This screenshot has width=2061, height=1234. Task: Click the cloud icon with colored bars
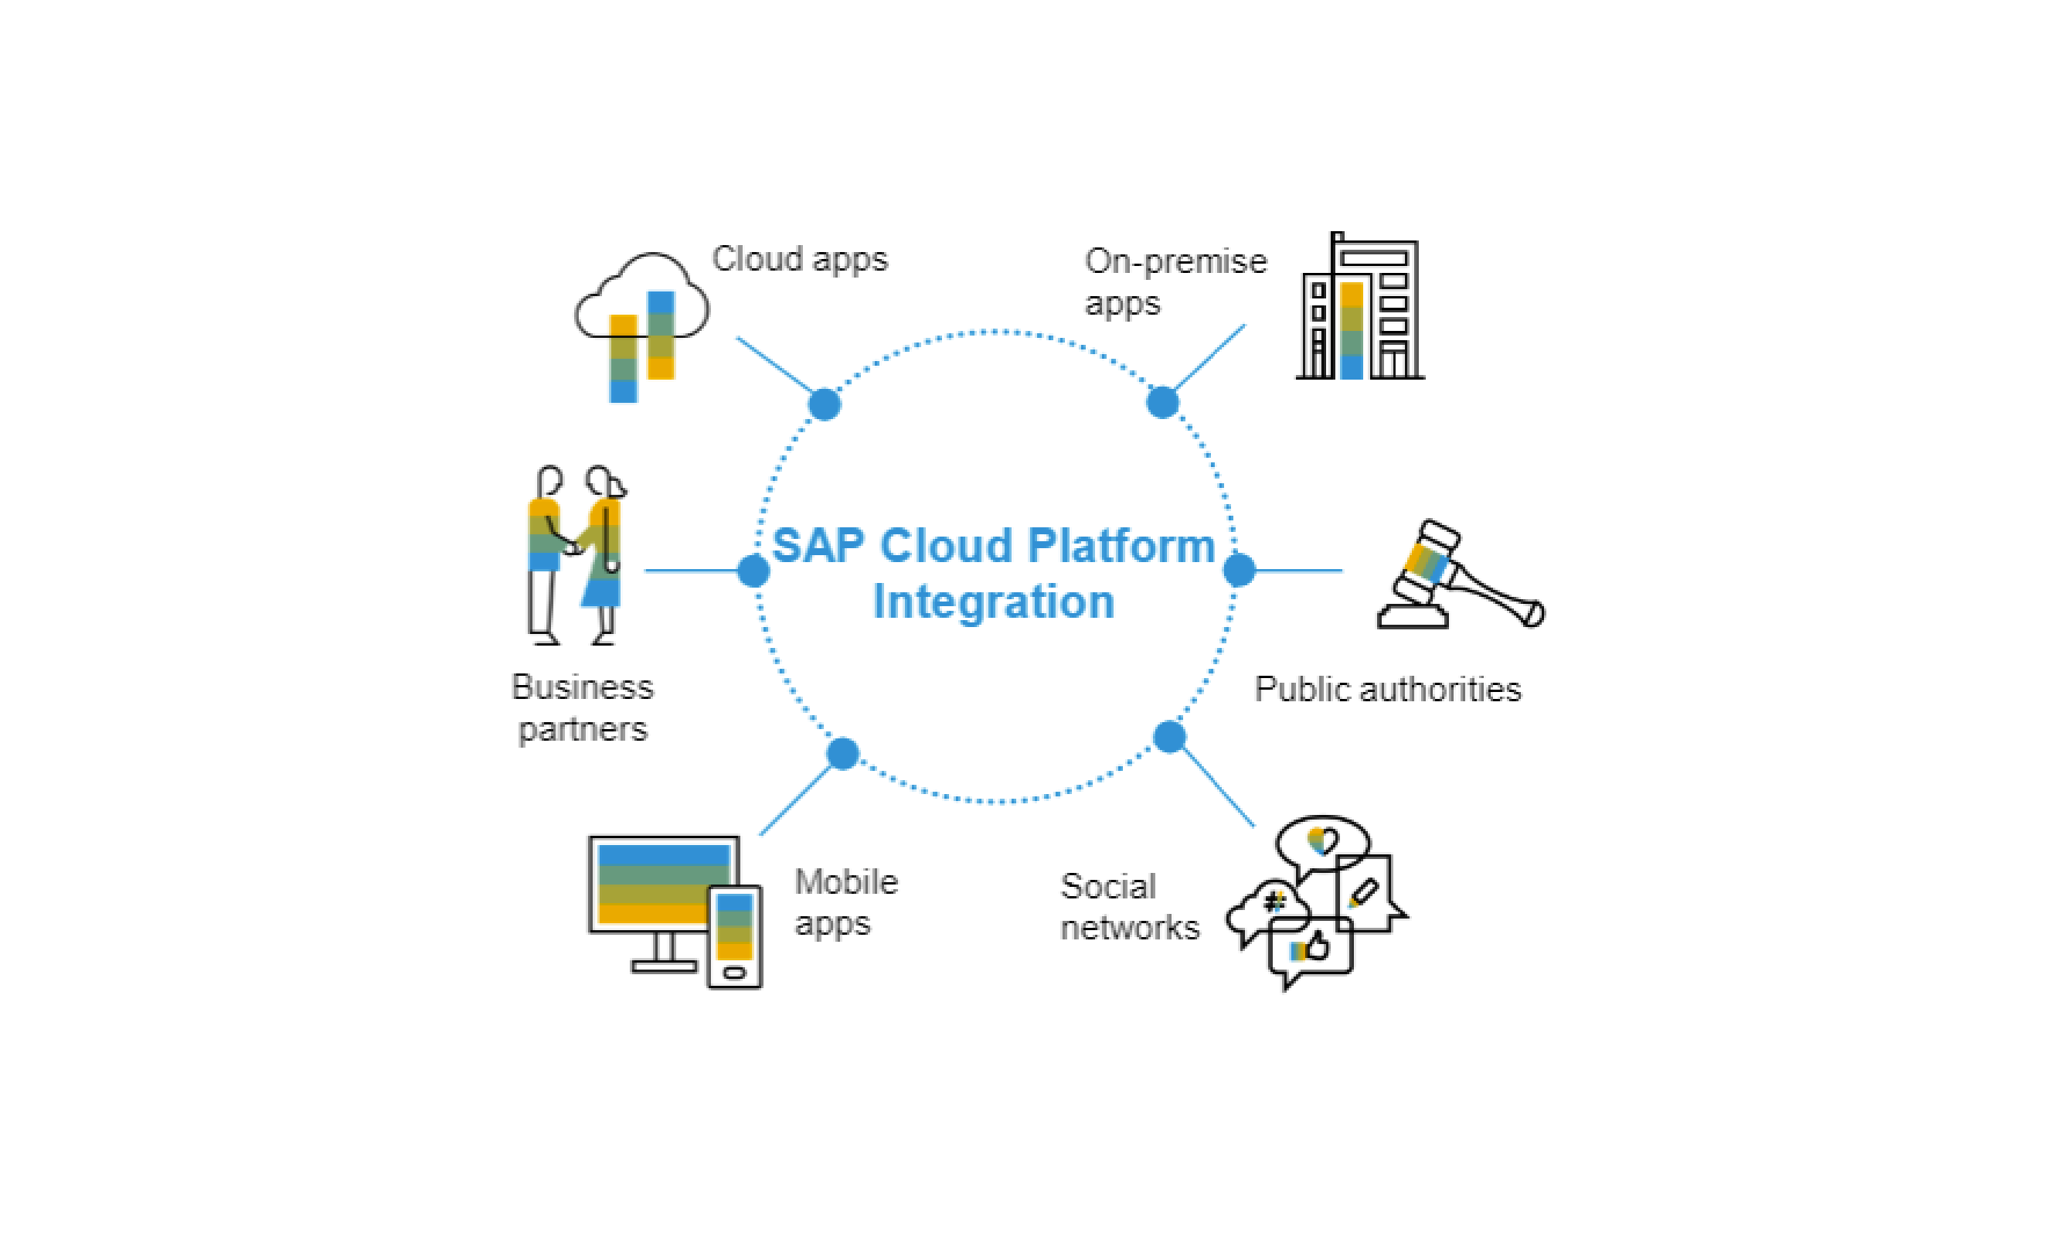(x=642, y=327)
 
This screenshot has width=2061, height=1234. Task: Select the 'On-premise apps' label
(x=1175, y=282)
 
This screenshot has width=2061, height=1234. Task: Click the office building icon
(x=1360, y=306)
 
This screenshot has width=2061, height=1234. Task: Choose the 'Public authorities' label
(x=1388, y=690)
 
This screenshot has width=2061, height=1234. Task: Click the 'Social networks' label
(x=1129, y=907)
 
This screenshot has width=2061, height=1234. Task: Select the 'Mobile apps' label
(x=846, y=903)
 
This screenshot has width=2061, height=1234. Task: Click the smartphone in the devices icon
(x=735, y=936)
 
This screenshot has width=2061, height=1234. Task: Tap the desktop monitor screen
(x=663, y=884)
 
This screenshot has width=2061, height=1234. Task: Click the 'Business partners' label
(x=583, y=707)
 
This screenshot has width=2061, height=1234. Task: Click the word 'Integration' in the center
(x=993, y=602)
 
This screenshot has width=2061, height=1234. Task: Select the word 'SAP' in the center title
(x=818, y=547)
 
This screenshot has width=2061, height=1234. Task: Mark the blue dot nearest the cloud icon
(x=825, y=404)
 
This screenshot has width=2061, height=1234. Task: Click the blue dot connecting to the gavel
(x=1239, y=571)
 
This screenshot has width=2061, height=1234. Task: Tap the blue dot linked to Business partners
(x=753, y=571)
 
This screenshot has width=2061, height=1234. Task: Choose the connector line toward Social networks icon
(x=1217, y=786)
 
